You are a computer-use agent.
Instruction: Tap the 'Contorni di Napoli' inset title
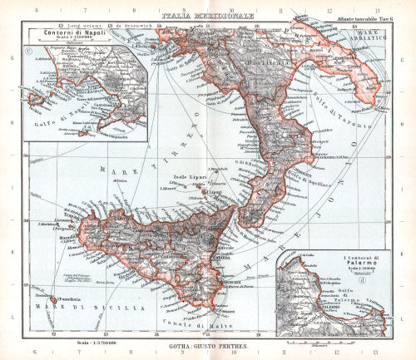click(x=68, y=33)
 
